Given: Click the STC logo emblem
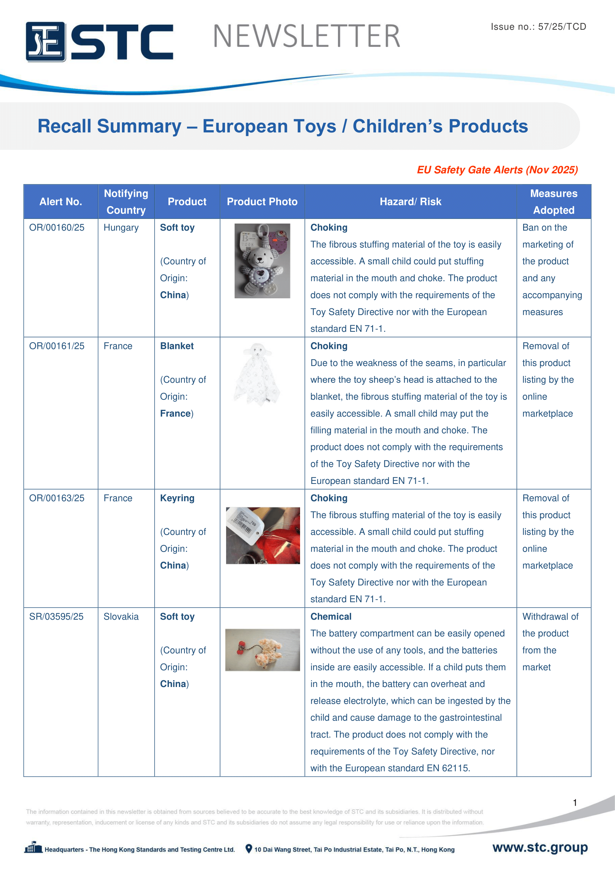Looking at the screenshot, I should pyautogui.click(x=45, y=42).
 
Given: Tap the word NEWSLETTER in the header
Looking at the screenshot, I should pyautogui.click(x=306, y=36).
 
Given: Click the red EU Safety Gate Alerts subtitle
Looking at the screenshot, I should pyautogui.click(x=497, y=170).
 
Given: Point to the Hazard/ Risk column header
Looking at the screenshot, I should pyautogui.click(x=410, y=202).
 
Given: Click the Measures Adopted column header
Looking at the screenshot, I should pyautogui.click(x=553, y=202).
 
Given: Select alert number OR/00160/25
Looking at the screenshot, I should pyautogui.click(x=57, y=227).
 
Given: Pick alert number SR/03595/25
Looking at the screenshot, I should pyautogui.click(x=56, y=616).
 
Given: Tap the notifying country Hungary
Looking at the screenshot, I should pyautogui.click(x=121, y=227).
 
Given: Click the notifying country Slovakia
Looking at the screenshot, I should pyautogui.click(x=121, y=616).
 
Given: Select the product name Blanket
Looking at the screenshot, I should pyautogui.click(x=177, y=346).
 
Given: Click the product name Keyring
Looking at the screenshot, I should pyautogui.click(x=177, y=498).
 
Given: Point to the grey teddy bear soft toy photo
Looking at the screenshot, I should pyautogui.click(x=262, y=261).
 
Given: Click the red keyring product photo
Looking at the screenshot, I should pyautogui.click(x=263, y=535).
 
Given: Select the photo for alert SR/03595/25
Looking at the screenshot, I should pyautogui.click(x=263, y=650).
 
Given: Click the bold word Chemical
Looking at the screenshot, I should pyautogui.click(x=331, y=616).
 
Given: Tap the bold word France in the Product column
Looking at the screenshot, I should pyautogui.click(x=175, y=413).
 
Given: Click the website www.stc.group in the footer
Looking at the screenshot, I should pyautogui.click(x=540, y=847).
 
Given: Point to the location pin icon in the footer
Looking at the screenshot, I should pyautogui.click(x=248, y=849).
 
